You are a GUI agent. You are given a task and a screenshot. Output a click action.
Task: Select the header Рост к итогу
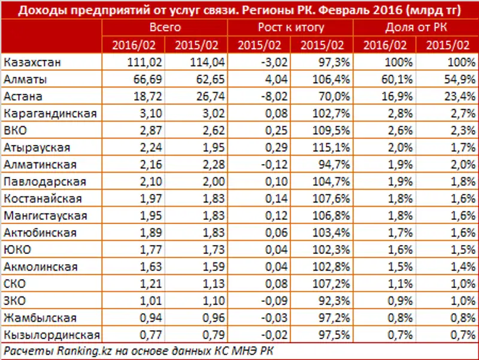(291, 28)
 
